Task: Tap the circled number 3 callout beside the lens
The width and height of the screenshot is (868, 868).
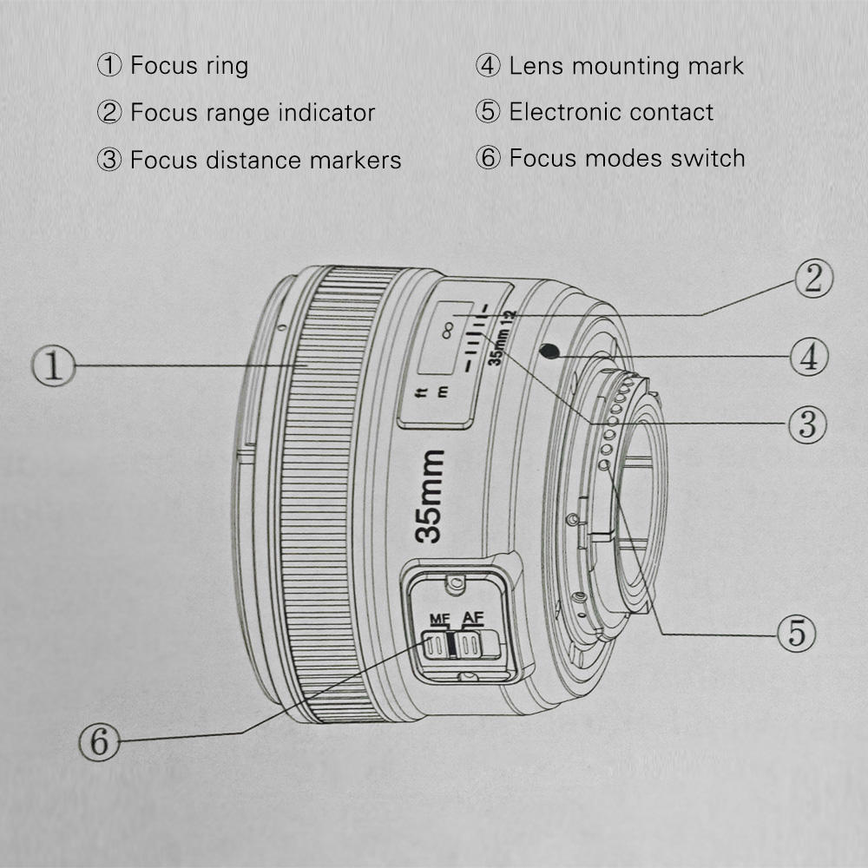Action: (806, 424)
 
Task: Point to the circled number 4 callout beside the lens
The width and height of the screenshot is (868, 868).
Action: (808, 357)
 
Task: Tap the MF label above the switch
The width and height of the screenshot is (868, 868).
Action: (440, 619)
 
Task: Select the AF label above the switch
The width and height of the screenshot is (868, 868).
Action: (472, 617)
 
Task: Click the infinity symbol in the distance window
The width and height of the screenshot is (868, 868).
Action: (448, 330)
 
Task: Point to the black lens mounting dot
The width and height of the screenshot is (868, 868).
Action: (548, 351)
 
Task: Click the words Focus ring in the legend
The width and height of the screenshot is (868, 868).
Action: (188, 65)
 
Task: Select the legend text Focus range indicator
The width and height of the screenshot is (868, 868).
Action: (252, 112)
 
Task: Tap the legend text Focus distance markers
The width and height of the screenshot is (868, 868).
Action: (265, 160)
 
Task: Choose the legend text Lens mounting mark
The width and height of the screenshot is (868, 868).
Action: (626, 65)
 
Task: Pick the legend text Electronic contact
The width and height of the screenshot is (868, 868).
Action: (611, 112)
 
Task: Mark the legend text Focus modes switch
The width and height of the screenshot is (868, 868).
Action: (627, 158)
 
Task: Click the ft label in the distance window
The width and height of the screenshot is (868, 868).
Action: (423, 393)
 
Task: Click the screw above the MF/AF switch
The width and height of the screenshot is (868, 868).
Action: (450, 584)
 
